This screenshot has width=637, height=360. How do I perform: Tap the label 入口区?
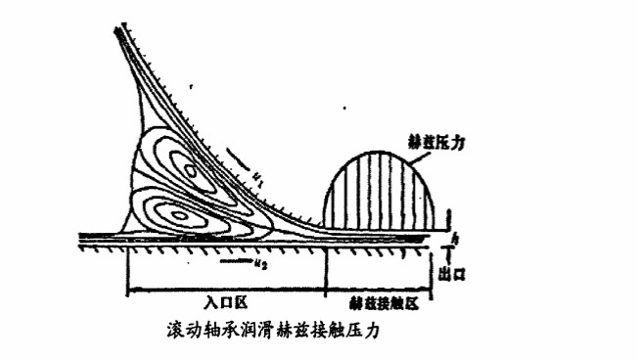point(226,304)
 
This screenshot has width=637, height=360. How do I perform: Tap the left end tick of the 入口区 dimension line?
point(128,291)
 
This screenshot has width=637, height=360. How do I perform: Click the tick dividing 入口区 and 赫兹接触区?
point(326,291)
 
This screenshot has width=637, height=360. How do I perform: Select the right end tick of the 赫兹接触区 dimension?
point(432,291)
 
